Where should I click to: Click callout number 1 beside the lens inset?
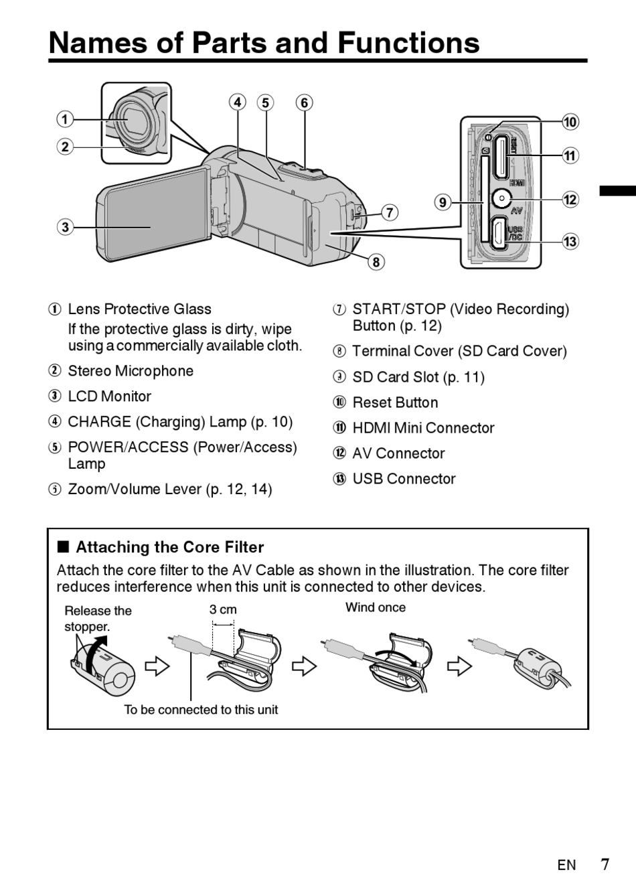coord(65,119)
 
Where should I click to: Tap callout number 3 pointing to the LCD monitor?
coord(65,228)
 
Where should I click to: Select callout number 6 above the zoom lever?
coord(305,102)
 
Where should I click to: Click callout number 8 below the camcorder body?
coord(376,262)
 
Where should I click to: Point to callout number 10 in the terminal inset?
coord(570,122)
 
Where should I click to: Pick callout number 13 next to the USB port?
coord(570,241)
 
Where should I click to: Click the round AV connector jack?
coord(501,198)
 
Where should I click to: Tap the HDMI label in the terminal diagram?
coord(517,183)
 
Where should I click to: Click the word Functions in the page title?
coord(409,43)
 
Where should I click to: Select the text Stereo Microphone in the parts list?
coord(131,371)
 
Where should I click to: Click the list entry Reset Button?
coord(395,402)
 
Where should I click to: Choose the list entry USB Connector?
coord(404,479)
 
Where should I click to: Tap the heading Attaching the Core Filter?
coord(170,547)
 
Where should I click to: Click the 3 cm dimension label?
coord(223,609)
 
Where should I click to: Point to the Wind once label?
coord(376,607)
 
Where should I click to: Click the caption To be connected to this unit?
coord(201,710)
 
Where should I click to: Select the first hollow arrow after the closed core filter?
coord(157,666)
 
